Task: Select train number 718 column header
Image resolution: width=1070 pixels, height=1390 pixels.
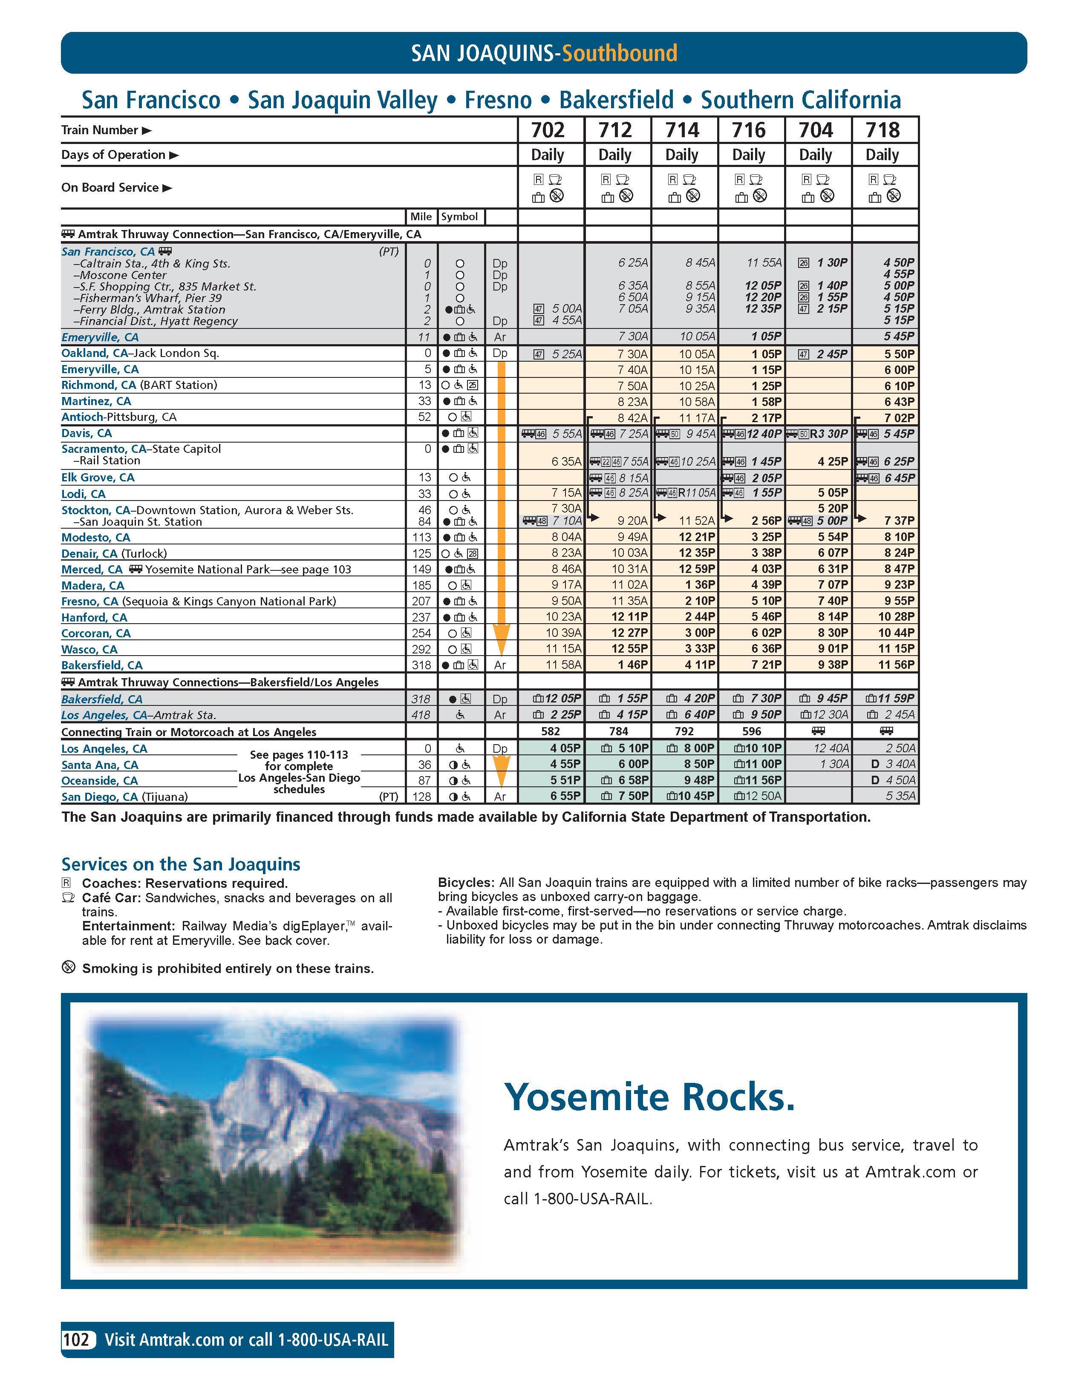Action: pos(882,130)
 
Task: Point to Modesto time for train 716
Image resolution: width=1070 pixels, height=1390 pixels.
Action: pos(766,536)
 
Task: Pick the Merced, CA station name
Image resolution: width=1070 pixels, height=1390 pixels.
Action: pos(92,569)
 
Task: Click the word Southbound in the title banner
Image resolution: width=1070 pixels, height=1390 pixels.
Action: pos(619,53)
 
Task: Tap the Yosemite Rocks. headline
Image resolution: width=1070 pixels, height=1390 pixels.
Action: pos(649,1096)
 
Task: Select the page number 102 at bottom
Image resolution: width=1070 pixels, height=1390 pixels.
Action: pos(76,1339)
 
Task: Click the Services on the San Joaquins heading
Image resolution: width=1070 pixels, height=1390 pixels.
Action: pos(181,863)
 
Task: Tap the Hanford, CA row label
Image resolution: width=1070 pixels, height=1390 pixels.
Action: pos(94,617)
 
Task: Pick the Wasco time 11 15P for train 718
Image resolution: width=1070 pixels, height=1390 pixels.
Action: pos(896,648)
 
